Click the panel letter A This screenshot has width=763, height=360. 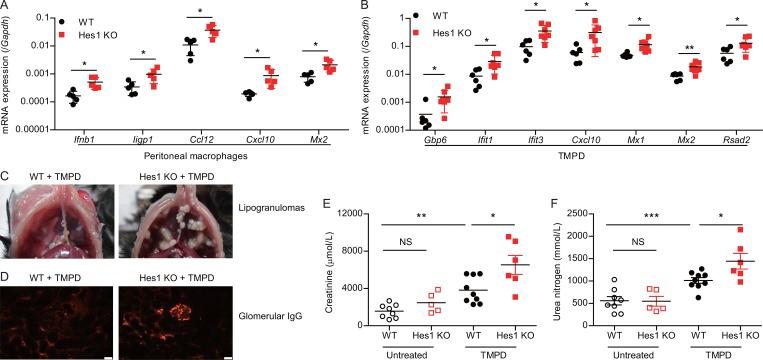[6, 7]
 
